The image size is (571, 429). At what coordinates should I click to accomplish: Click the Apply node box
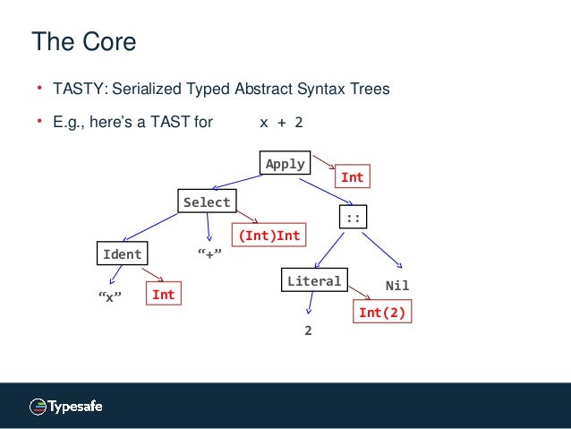[x=285, y=165]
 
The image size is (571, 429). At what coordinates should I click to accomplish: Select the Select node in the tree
[x=207, y=202]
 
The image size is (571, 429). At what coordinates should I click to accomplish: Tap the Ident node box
[x=123, y=254]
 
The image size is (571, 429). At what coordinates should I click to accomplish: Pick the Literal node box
[x=314, y=281]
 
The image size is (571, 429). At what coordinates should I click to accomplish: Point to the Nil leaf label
[x=396, y=285]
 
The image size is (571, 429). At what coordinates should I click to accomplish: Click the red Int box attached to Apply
[x=353, y=177]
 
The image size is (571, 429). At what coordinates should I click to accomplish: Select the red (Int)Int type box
[x=268, y=236]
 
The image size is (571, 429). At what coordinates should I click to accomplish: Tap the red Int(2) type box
[x=386, y=313]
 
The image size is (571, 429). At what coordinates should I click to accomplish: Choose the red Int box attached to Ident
[x=163, y=294]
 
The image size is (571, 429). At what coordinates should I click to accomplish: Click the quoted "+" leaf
[x=209, y=255]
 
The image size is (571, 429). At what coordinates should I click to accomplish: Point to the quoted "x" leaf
[x=109, y=296]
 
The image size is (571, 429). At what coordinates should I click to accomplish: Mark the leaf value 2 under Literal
[x=308, y=330]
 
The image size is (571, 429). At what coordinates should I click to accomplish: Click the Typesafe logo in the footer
[x=65, y=407]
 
